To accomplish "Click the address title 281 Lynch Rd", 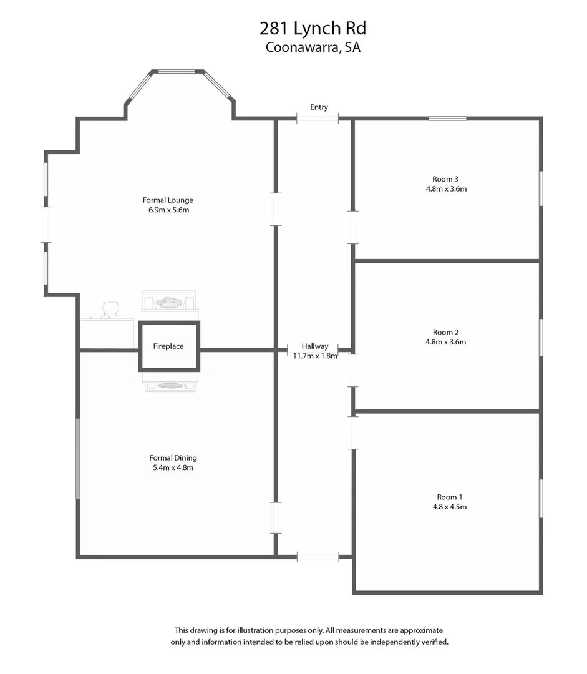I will (x=313, y=28).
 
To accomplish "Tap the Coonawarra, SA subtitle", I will (x=313, y=47).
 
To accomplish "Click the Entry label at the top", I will (x=319, y=107).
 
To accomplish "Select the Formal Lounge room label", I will (x=168, y=200).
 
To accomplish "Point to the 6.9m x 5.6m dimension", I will (x=168, y=210).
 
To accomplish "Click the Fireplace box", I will (x=168, y=346).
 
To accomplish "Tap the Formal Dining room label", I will (x=173, y=457).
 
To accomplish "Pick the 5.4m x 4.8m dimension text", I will (x=173, y=467).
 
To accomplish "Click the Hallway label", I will (x=315, y=346).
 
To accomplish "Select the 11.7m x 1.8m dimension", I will (x=315, y=356).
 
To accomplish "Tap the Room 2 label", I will (x=445, y=333).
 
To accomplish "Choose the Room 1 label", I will (x=449, y=497).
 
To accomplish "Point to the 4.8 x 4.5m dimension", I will (x=449, y=507).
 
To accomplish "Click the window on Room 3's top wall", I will (x=447, y=119).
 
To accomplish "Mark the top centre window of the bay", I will (x=177, y=72).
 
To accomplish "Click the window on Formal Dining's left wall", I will (x=78, y=458).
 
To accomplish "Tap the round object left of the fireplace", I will (x=110, y=308).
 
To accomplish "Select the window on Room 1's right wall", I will (x=540, y=498).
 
